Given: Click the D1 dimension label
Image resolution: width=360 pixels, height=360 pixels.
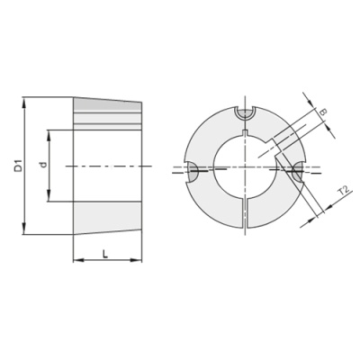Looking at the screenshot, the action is pos(19,166).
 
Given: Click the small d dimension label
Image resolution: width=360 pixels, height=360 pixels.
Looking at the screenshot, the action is pos(44,165).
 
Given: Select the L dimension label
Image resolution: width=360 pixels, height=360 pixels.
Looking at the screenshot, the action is pos(105,255).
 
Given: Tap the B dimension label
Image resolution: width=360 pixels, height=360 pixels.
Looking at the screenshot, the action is pos(323,112).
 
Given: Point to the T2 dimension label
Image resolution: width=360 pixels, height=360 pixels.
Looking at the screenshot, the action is pos(343,191).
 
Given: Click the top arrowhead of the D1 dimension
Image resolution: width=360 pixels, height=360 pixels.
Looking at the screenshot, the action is pos(24,101).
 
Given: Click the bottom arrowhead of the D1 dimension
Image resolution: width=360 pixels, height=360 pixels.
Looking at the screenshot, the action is pos(24,230).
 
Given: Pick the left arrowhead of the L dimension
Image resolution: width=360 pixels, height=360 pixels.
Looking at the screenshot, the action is pos(77,260).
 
